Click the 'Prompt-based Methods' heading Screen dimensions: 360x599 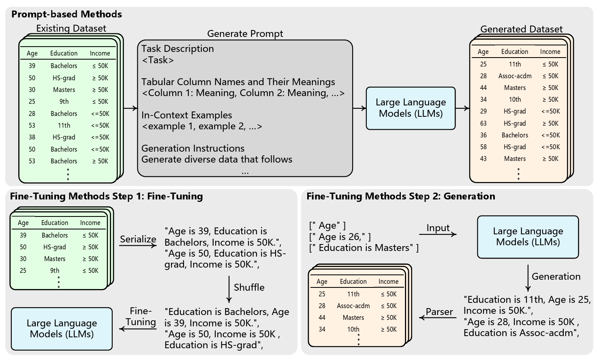[x=66, y=14]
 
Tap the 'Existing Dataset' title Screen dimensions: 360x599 [x=71, y=28]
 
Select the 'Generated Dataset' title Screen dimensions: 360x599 [x=521, y=29]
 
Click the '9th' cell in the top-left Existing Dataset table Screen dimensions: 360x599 [x=64, y=102]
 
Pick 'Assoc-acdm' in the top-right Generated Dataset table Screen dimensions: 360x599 [x=515, y=76]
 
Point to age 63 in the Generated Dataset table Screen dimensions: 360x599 [x=483, y=124]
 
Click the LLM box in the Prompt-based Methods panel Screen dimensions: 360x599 [x=411, y=108]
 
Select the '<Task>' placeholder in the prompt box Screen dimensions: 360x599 [x=158, y=60]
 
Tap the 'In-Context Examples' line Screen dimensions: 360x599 [x=186, y=115]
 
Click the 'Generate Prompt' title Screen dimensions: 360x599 [x=245, y=34]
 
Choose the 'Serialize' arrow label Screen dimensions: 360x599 [x=138, y=239]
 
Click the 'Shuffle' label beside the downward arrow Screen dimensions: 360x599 [x=249, y=287]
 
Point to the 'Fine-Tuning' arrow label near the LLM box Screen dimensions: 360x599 [x=140, y=317]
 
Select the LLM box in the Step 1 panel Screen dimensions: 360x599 [x=62, y=329]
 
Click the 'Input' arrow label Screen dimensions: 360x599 [x=438, y=228]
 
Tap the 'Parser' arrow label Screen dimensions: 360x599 [x=439, y=312]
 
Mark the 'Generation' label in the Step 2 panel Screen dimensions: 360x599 [x=556, y=276]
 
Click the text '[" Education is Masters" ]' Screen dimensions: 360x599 [x=364, y=248]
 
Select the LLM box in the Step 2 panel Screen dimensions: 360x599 [x=528, y=237]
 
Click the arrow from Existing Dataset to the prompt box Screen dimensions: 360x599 [x=130, y=108]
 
